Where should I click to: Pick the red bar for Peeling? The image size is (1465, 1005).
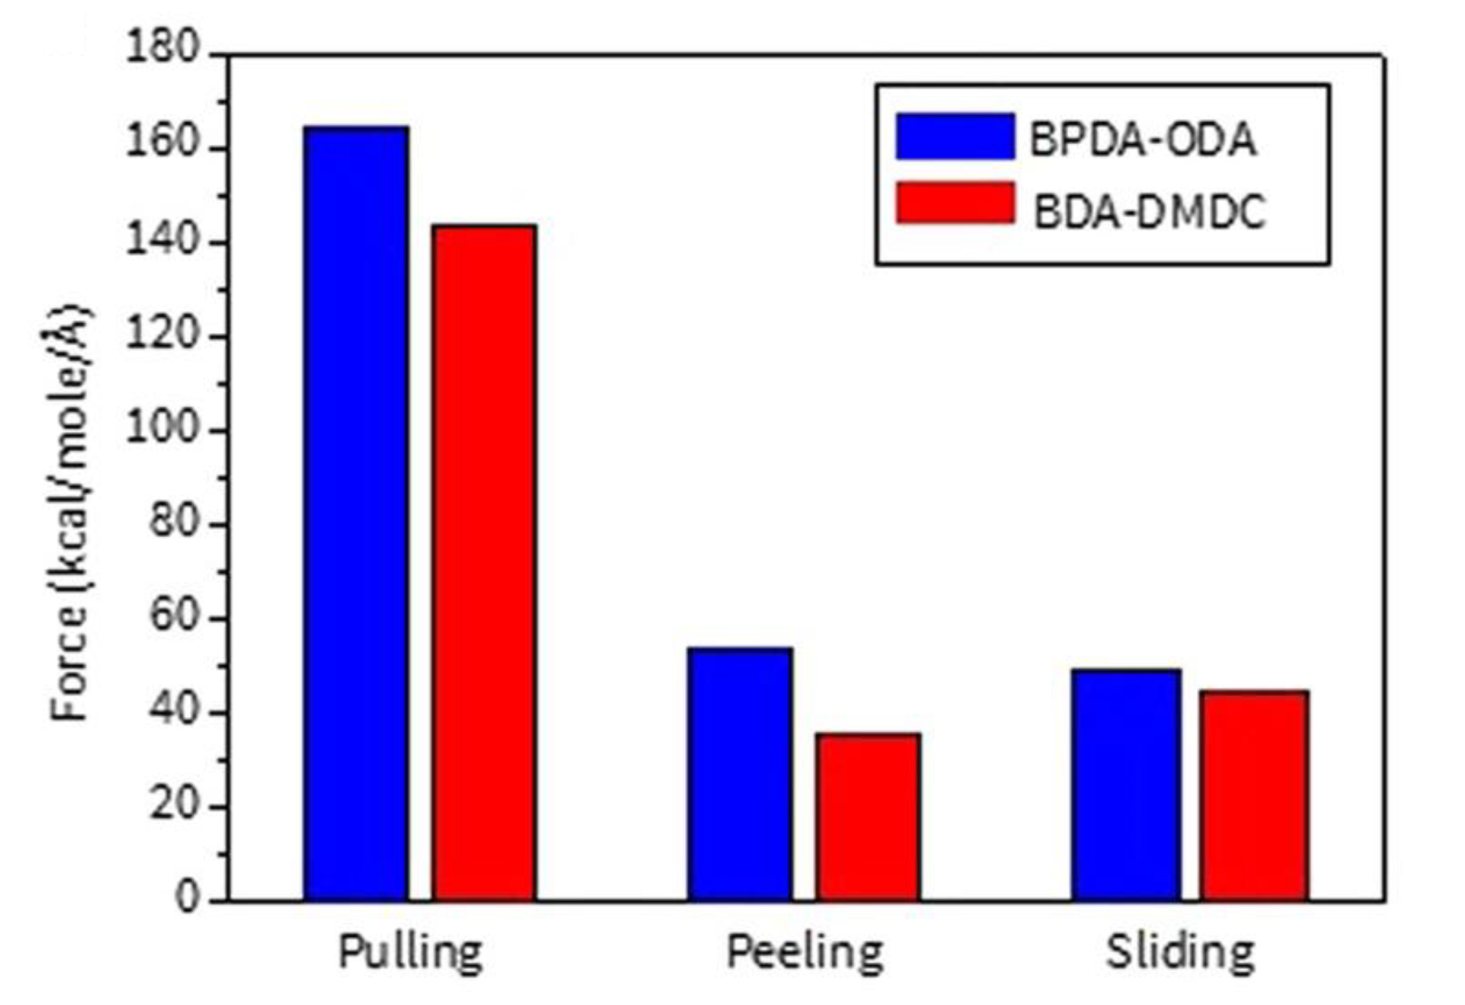(x=867, y=817)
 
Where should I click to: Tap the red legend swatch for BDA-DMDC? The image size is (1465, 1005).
(x=955, y=202)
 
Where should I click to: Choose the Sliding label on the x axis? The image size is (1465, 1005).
(x=1180, y=952)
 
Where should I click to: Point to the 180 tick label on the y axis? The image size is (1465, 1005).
(x=163, y=48)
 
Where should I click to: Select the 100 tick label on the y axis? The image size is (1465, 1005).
(x=163, y=431)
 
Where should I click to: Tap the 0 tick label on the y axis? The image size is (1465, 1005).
(x=187, y=899)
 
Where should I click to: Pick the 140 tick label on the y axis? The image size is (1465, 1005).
(x=163, y=243)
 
